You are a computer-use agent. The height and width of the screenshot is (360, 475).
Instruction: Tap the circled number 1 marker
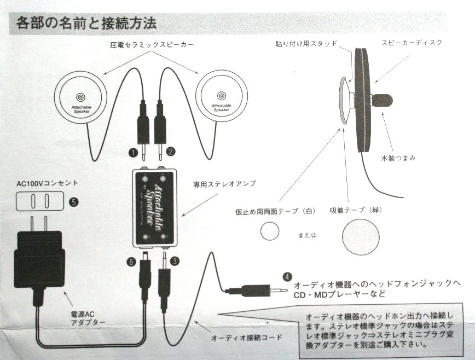132,152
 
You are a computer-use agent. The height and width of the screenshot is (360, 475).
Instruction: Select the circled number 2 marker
171,152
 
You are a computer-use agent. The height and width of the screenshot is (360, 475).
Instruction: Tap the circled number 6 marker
131,262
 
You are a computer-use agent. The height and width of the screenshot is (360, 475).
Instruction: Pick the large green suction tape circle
358,237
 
